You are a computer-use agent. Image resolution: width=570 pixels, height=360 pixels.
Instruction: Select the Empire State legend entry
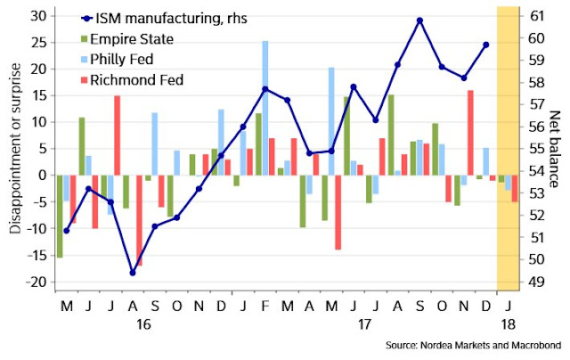tap(133, 41)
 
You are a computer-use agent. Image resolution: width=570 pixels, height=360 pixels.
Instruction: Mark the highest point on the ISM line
tap(419, 20)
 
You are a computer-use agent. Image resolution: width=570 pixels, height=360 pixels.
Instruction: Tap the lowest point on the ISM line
tap(133, 272)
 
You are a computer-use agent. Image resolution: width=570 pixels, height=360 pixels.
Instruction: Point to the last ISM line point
tap(485, 45)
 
